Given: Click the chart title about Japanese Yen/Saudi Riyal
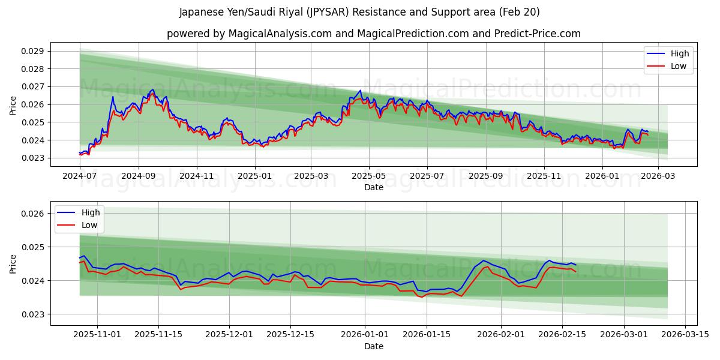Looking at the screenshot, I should pos(359,12).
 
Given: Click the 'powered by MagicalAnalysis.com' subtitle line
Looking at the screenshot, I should pos(373,34).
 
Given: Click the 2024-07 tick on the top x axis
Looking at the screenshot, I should pos(80,176).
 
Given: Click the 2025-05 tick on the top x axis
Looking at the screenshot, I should pos(369,176).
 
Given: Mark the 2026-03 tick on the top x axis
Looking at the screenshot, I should pos(658,176).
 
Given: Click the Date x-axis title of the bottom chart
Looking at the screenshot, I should pos(373,346).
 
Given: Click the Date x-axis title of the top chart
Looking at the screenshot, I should pos(373,187).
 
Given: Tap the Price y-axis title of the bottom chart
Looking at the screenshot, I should pos(13,263).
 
